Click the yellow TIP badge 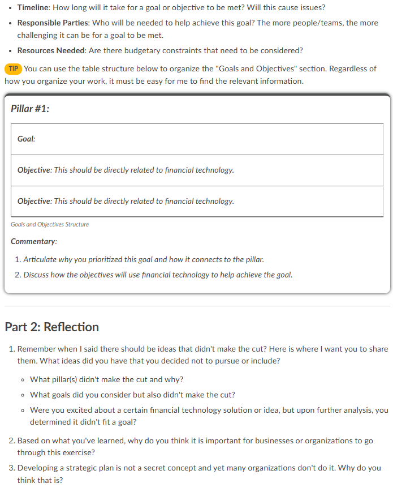point(14,69)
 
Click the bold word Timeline point(34,8)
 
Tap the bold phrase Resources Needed point(50,50)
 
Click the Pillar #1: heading point(30,109)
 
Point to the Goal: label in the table point(26,139)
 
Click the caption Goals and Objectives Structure point(50,224)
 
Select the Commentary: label point(34,242)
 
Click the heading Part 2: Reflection point(51,327)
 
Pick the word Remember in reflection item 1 point(36,349)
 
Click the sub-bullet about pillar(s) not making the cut point(106,379)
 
